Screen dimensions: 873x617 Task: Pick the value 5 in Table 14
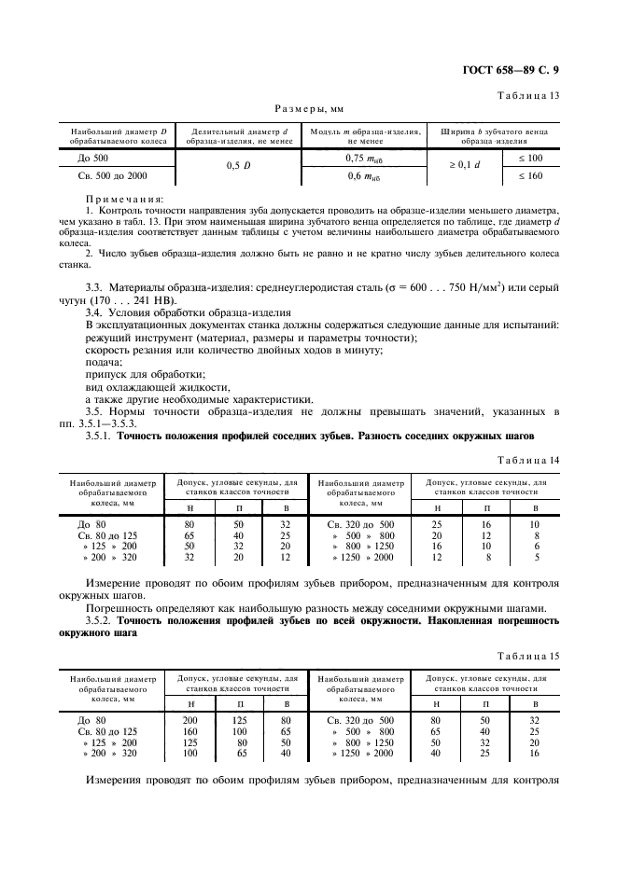click(535, 558)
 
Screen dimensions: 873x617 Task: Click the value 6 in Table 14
click(535, 546)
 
